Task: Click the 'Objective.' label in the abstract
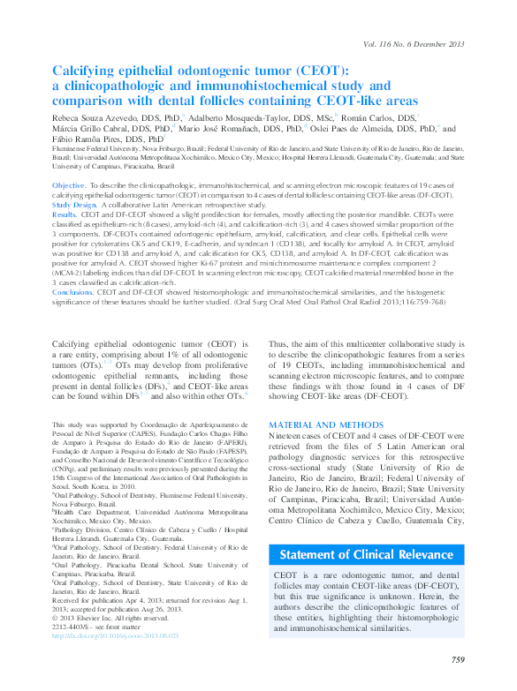[x=69, y=185]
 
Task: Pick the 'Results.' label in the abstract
[x=65, y=214]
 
